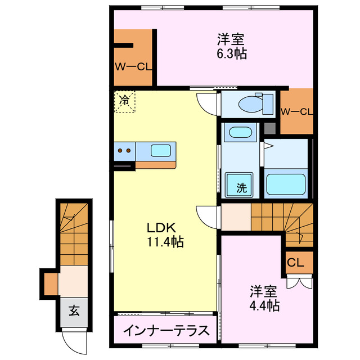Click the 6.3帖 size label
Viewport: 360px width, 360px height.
(231, 53)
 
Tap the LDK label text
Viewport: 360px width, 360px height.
(162, 228)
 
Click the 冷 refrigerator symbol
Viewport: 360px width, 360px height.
(124, 101)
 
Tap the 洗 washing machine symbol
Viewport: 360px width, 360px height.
(241, 188)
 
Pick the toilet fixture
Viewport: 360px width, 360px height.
(251, 103)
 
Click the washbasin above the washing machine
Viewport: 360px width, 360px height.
(240, 134)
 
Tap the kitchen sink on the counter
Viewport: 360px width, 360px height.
(161, 150)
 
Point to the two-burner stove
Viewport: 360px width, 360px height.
(124, 150)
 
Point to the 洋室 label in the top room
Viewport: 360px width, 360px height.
(231, 40)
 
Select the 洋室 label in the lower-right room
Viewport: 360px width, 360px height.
(264, 291)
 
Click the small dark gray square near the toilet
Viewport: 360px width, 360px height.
(270, 128)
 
